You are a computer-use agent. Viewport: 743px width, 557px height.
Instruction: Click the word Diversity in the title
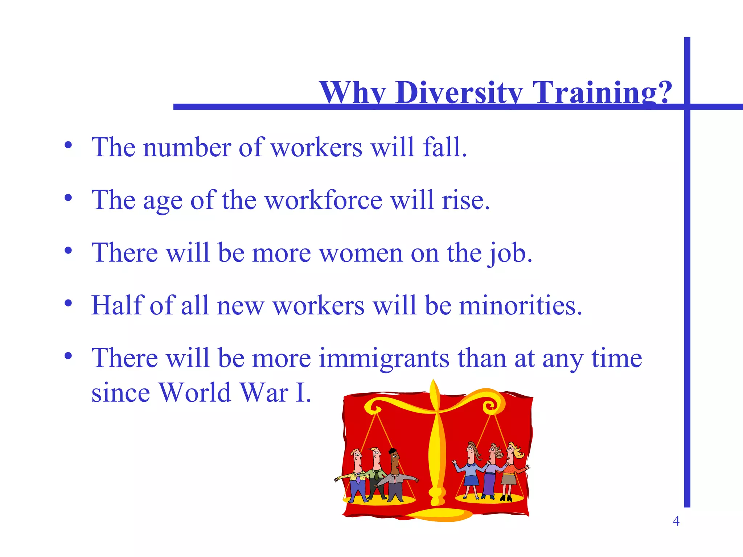[459, 92]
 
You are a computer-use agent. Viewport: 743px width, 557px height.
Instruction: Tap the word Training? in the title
[602, 92]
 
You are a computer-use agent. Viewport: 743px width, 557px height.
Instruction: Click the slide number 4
[676, 521]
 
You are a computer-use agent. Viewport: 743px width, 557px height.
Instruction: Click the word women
[361, 253]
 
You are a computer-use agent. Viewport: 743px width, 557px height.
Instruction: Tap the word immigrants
[384, 358]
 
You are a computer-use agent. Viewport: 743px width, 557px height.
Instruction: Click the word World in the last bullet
[195, 393]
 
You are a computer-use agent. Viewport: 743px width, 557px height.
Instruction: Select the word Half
[118, 305]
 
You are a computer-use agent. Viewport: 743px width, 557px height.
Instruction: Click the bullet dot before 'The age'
[68, 198]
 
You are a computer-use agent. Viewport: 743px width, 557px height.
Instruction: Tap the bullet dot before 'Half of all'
[68, 303]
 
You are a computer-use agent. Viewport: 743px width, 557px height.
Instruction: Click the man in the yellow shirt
[357, 475]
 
